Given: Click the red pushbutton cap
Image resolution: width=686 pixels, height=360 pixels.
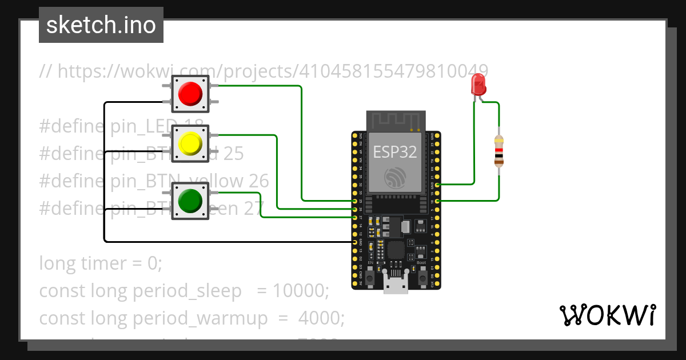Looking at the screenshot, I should point(190,93).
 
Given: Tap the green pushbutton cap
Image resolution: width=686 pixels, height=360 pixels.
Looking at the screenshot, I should point(190,200).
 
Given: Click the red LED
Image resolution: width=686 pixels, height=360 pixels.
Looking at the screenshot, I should point(478,86).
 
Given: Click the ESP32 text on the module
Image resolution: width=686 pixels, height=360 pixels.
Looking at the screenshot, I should point(395,151).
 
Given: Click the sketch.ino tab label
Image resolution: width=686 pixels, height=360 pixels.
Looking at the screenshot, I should point(101,25).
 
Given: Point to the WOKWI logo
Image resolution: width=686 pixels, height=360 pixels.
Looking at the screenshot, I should point(607,315).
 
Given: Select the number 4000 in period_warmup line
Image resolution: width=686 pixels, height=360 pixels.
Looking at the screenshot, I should point(320,318).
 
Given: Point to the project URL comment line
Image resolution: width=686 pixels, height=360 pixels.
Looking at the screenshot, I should point(263,71).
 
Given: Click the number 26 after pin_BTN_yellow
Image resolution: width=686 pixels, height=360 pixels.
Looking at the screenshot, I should point(258,181).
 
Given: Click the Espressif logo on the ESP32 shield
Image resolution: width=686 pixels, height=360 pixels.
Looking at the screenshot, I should point(395,178).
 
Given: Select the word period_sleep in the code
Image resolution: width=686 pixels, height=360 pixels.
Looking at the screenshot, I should point(187,291).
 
